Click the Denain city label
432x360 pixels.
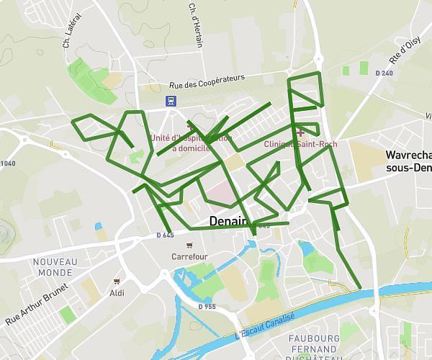(228, 221)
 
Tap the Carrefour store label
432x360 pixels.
(189, 256)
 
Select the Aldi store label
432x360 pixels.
(117, 292)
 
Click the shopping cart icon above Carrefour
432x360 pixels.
(189, 244)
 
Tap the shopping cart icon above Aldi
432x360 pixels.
(117, 282)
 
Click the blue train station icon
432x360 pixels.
(170, 101)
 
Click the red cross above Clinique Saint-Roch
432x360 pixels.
(300, 132)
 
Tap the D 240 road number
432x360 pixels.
(384, 73)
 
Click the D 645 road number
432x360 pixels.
(165, 235)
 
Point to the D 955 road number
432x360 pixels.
(207, 307)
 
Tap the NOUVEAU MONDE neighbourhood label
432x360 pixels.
(55, 268)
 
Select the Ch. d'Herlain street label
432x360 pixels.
(196, 25)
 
